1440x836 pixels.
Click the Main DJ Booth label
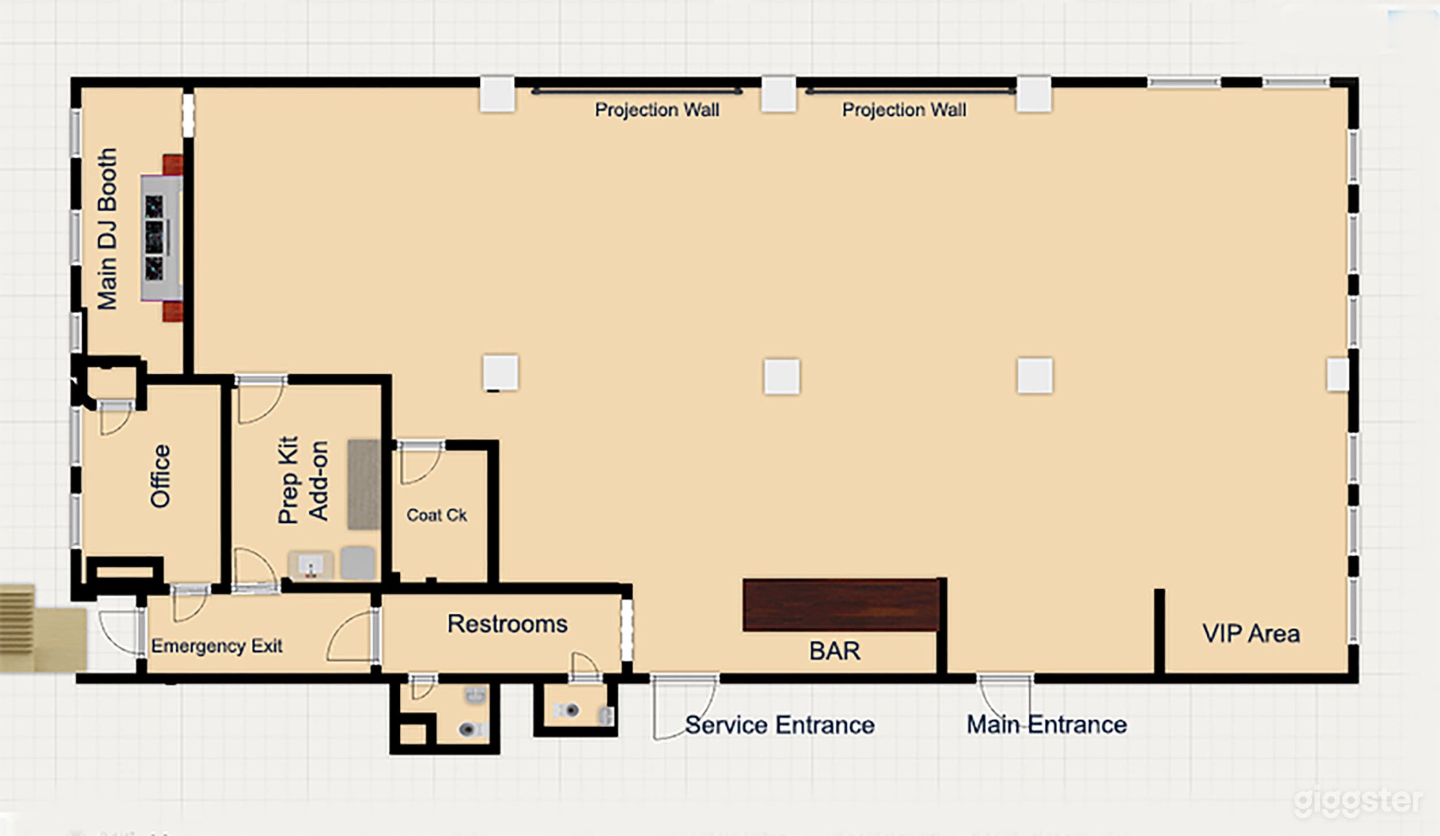pyautogui.click(x=108, y=229)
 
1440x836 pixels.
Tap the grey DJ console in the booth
pyautogui.click(x=162, y=237)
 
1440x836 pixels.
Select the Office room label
pyautogui.click(x=160, y=476)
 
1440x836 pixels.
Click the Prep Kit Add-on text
pyautogui.click(x=303, y=480)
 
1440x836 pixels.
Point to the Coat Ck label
pyautogui.click(x=437, y=515)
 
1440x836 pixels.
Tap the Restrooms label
pyautogui.click(x=507, y=624)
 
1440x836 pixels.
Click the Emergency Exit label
pyautogui.click(x=217, y=646)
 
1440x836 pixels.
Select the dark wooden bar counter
pyautogui.click(x=841, y=605)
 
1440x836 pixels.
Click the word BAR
pyautogui.click(x=835, y=651)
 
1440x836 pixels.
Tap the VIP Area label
pyautogui.click(x=1251, y=633)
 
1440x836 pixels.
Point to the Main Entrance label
pyautogui.click(x=1047, y=724)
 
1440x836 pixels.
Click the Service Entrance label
pyautogui.click(x=780, y=725)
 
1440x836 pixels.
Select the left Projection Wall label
pyautogui.click(x=657, y=109)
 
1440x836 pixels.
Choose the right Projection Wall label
pyautogui.click(x=904, y=109)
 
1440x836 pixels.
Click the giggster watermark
pyautogui.click(x=1358, y=801)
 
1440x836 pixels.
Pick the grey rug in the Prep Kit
pyautogui.click(x=363, y=484)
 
